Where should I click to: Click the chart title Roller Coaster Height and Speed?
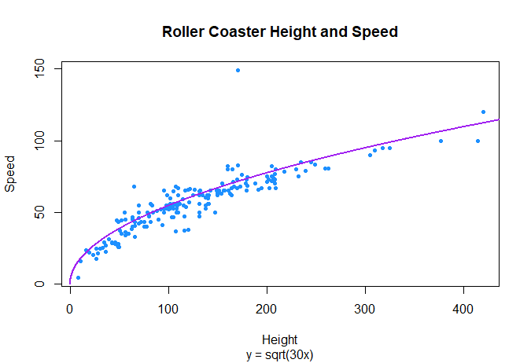(x=279, y=32)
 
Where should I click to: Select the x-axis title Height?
(x=279, y=340)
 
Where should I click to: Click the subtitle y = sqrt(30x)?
(x=279, y=354)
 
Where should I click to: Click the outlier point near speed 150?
(x=238, y=70)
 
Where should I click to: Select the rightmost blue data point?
(x=483, y=112)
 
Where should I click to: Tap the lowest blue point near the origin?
(x=78, y=277)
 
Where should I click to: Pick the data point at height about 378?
(x=441, y=141)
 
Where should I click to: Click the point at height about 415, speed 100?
(x=478, y=141)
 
